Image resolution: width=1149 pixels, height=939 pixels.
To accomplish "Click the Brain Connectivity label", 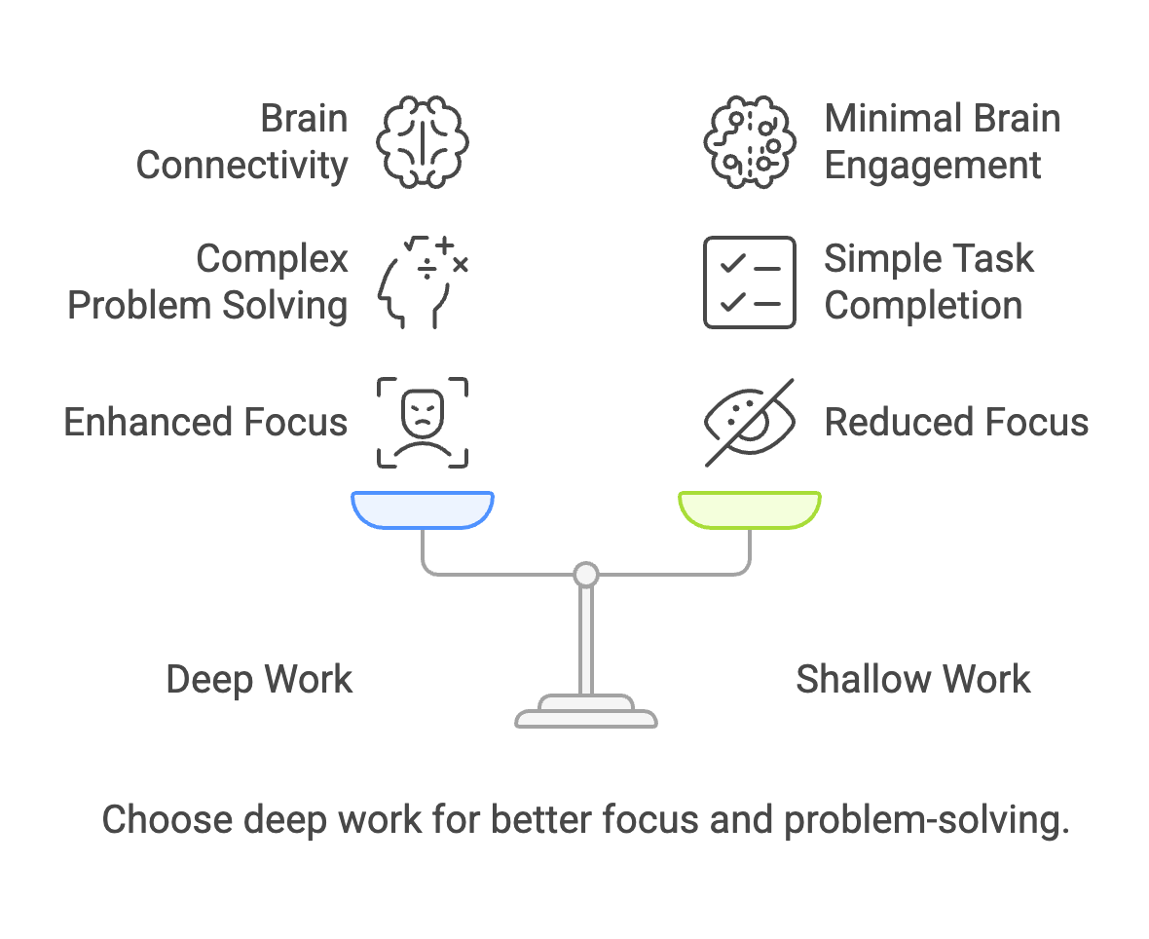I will point(241,142).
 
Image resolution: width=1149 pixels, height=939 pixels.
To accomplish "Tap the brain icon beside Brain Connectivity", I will point(423,142).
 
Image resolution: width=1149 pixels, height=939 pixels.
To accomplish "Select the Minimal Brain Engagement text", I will point(942,142).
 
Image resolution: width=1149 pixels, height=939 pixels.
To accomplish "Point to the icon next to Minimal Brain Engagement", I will point(749,142).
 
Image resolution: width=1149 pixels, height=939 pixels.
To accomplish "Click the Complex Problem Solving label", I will point(207,282).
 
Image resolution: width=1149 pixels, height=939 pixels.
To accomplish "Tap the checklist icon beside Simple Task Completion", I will point(749,282).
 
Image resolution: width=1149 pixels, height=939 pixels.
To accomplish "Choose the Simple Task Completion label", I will point(928,282).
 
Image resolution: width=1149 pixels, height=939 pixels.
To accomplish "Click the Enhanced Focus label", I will point(205,423).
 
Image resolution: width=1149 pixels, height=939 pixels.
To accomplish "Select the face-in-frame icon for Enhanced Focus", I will point(423,423).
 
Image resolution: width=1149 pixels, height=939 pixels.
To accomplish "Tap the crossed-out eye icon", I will point(749,423).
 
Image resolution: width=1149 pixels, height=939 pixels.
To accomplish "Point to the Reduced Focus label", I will point(956,423).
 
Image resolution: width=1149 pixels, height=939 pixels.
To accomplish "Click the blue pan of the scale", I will point(423,509).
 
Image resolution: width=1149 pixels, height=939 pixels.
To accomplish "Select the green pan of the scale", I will point(749,509).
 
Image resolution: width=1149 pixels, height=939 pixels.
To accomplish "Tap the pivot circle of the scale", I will point(585,575).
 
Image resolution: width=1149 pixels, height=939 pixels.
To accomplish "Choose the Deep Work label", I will point(259,679).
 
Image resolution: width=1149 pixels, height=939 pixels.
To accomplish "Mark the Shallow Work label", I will point(912,679).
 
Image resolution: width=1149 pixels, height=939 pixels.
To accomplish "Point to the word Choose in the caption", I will point(167,820).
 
